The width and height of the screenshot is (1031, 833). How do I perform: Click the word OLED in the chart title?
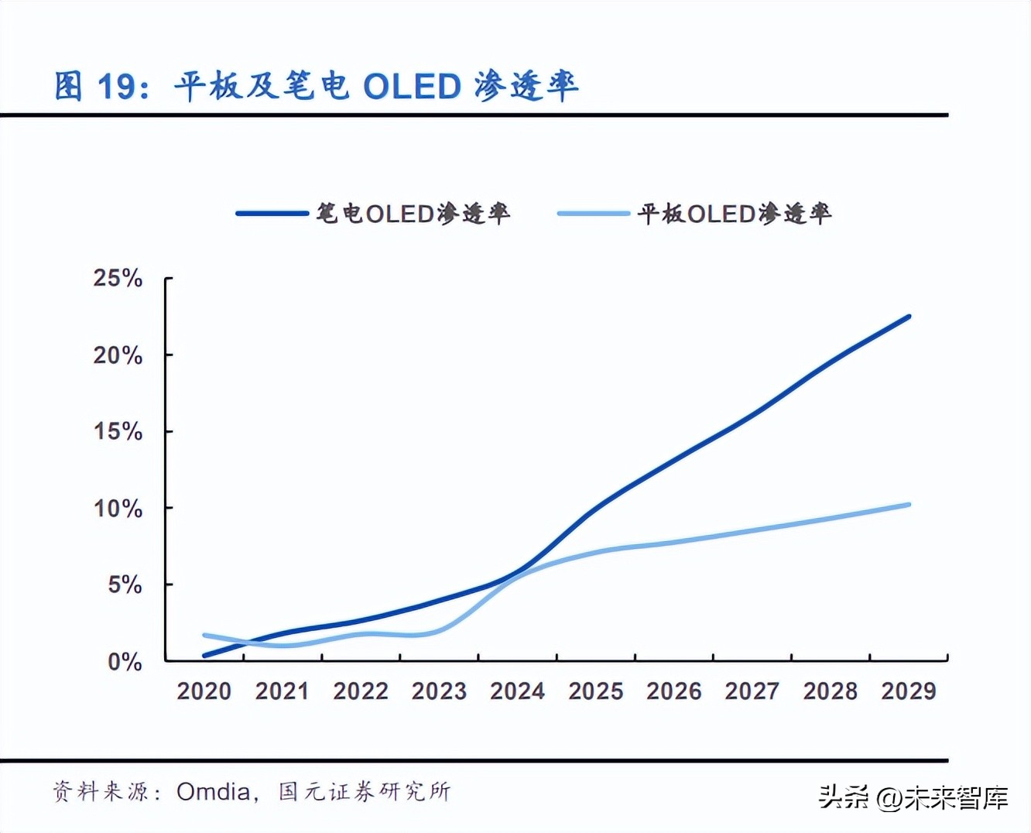click(x=412, y=86)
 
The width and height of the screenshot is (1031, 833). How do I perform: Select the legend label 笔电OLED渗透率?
click(x=413, y=213)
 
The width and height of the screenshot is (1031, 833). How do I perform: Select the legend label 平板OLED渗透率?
click(x=734, y=213)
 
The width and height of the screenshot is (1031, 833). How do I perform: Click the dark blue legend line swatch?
click(x=272, y=213)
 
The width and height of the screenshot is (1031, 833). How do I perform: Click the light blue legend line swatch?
click(x=593, y=213)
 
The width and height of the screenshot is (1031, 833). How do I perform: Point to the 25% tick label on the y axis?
click(x=118, y=278)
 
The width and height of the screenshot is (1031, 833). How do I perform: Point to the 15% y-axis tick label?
click(x=118, y=431)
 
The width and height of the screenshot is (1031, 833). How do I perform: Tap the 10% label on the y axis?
click(x=118, y=509)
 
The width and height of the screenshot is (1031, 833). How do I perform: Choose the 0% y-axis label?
click(x=125, y=662)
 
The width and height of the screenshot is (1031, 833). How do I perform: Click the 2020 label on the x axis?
click(x=204, y=691)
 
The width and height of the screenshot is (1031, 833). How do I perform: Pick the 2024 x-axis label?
click(x=517, y=691)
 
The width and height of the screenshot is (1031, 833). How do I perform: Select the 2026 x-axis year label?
click(x=673, y=691)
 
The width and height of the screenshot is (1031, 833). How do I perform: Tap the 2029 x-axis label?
click(x=908, y=691)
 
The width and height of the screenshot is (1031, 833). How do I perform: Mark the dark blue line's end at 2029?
click(x=909, y=317)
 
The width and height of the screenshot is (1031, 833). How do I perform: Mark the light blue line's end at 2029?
click(x=909, y=505)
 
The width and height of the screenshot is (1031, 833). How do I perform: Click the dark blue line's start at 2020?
click(x=204, y=656)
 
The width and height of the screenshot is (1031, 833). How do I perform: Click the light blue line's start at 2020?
click(x=204, y=636)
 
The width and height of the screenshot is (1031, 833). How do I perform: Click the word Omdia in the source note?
click(x=213, y=791)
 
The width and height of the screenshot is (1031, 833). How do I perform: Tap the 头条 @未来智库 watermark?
click(x=913, y=797)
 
